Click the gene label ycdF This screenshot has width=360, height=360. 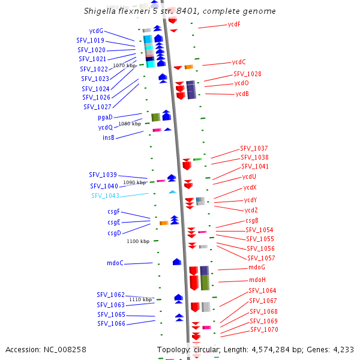tap(234, 25)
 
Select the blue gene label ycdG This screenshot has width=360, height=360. tap(96, 31)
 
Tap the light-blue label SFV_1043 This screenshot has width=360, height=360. tap(106, 196)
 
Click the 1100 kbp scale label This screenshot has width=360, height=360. tap(138, 241)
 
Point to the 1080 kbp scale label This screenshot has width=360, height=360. tap(130, 124)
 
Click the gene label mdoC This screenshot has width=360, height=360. tap(115, 263)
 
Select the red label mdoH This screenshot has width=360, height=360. tap(257, 280)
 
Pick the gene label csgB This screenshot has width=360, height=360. tap(252, 221)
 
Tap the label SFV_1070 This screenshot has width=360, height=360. tap(264, 329)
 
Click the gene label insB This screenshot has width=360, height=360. tap(109, 137)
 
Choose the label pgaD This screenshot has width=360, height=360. tap(105, 118)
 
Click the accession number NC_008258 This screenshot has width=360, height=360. tap(65, 350)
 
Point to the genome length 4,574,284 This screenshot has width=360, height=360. tap(271, 350)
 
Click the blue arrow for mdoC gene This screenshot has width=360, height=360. tap(177, 262)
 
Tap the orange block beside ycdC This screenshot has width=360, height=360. tap(189, 67)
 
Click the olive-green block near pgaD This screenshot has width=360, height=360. tap(156, 118)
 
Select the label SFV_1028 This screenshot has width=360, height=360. tap(247, 74)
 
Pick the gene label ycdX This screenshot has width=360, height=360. tap(250, 188)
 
